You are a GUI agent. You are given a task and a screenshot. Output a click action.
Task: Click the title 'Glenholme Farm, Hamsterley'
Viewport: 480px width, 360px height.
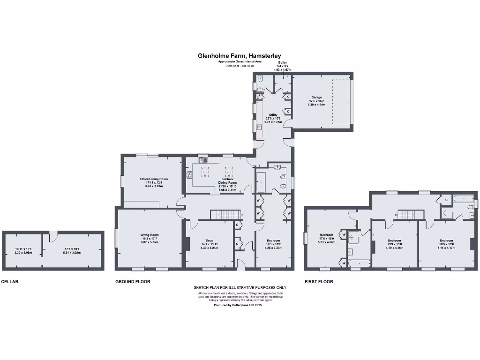(x=240, y=56)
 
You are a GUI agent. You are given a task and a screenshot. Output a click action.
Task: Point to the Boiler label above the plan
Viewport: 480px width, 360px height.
(x=282, y=62)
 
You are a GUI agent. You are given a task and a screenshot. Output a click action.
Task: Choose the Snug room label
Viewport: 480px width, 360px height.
(x=210, y=244)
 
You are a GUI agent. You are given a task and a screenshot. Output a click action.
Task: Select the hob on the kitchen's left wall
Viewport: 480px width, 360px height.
(x=189, y=175)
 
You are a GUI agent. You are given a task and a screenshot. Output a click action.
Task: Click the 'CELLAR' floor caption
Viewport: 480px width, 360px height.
(x=10, y=282)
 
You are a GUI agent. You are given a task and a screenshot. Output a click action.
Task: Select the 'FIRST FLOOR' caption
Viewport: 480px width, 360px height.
(x=319, y=282)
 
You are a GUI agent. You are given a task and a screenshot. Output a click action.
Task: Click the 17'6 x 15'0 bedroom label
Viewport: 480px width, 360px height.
(x=326, y=238)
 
